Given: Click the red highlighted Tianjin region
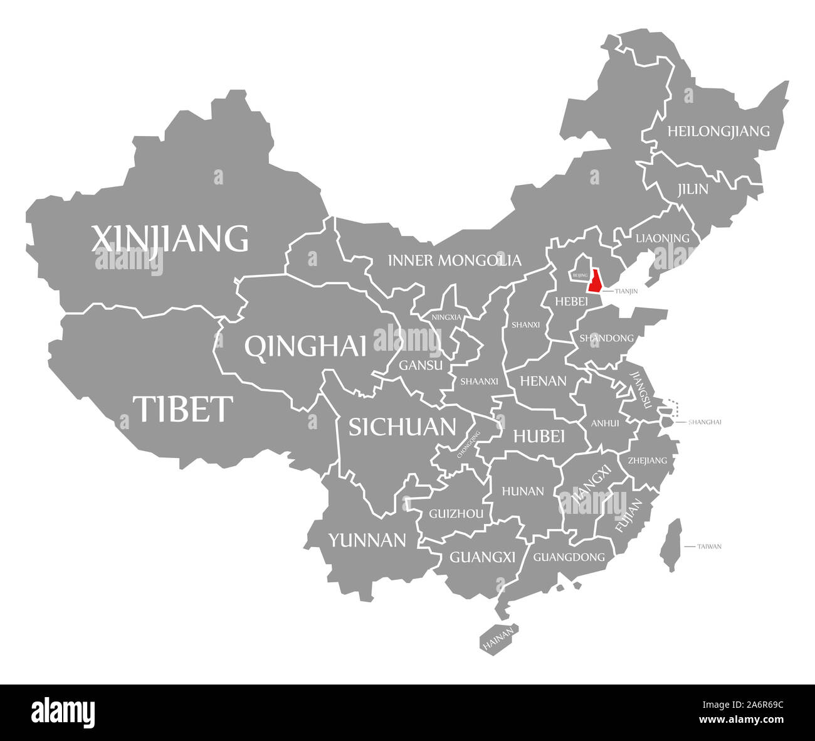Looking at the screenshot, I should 594,281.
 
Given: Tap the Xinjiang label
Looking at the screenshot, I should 170,238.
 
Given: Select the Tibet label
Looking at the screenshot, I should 182,408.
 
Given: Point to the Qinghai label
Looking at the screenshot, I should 305,346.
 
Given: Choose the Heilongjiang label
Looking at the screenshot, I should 718,131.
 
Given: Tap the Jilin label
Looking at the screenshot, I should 692,189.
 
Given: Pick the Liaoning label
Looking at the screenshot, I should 662,238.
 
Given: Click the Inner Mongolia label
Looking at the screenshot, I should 454,260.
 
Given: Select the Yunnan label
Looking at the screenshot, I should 367,540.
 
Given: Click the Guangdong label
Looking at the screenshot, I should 569,557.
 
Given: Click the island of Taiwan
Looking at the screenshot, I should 671,545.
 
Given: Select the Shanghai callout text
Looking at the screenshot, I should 705,422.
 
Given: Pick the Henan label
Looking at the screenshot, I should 543,381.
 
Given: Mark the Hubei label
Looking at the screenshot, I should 539,436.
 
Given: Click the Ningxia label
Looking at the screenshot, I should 446,317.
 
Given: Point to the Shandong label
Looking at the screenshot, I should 606,338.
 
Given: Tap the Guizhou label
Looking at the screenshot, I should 456,514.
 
